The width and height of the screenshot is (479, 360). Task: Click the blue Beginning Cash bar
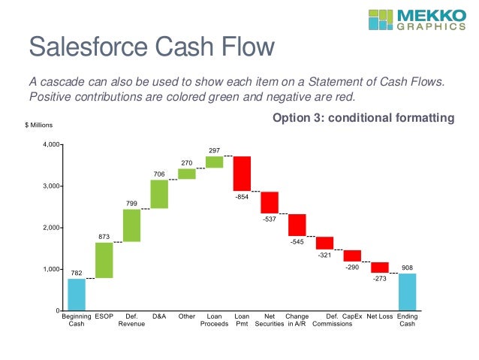(x=77, y=294)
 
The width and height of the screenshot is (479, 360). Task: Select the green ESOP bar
(x=104, y=260)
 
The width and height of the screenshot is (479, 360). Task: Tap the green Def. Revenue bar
(x=132, y=225)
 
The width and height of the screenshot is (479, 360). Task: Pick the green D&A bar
(x=159, y=193)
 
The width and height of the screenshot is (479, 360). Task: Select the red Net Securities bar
(x=270, y=202)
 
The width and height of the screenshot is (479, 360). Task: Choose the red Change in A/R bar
(x=297, y=225)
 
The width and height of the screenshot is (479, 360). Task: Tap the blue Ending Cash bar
(x=407, y=292)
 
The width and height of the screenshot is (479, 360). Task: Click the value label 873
(x=104, y=237)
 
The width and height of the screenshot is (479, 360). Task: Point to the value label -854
(x=242, y=197)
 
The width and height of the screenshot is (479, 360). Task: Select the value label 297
(x=214, y=150)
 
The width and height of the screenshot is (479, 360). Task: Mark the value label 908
(x=407, y=267)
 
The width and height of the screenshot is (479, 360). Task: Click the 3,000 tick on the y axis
(x=51, y=186)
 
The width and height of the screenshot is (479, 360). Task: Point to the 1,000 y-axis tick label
(x=51, y=269)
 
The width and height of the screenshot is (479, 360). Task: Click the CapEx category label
(x=353, y=316)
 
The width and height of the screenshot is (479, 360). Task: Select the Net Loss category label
(x=380, y=316)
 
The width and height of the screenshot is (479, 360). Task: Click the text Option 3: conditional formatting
(x=363, y=118)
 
